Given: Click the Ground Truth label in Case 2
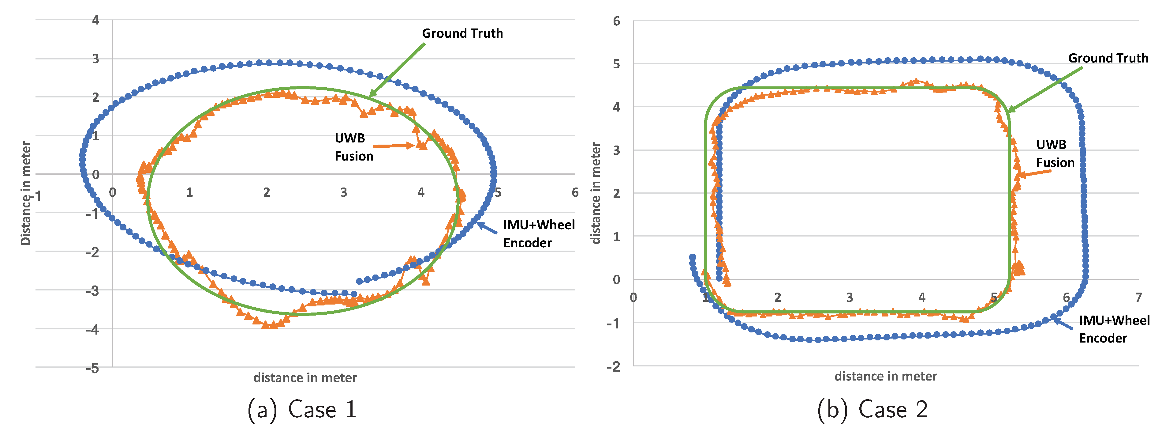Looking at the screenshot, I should click(x=1108, y=58).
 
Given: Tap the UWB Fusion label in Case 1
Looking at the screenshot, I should click(x=354, y=147).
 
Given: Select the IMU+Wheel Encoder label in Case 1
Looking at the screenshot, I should click(x=539, y=234).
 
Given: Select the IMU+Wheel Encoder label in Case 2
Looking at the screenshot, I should click(x=1114, y=329).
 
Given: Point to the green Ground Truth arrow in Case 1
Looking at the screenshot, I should click(x=397, y=70).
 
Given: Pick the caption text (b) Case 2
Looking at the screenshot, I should click(x=872, y=409).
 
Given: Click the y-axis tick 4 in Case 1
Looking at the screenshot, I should click(x=95, y=20).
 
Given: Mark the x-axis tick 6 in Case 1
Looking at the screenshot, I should click(x=575, y=193).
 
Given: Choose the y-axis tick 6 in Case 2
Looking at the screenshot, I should click(x=616, y=21).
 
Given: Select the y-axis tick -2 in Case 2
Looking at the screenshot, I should click(x=614, y=366).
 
